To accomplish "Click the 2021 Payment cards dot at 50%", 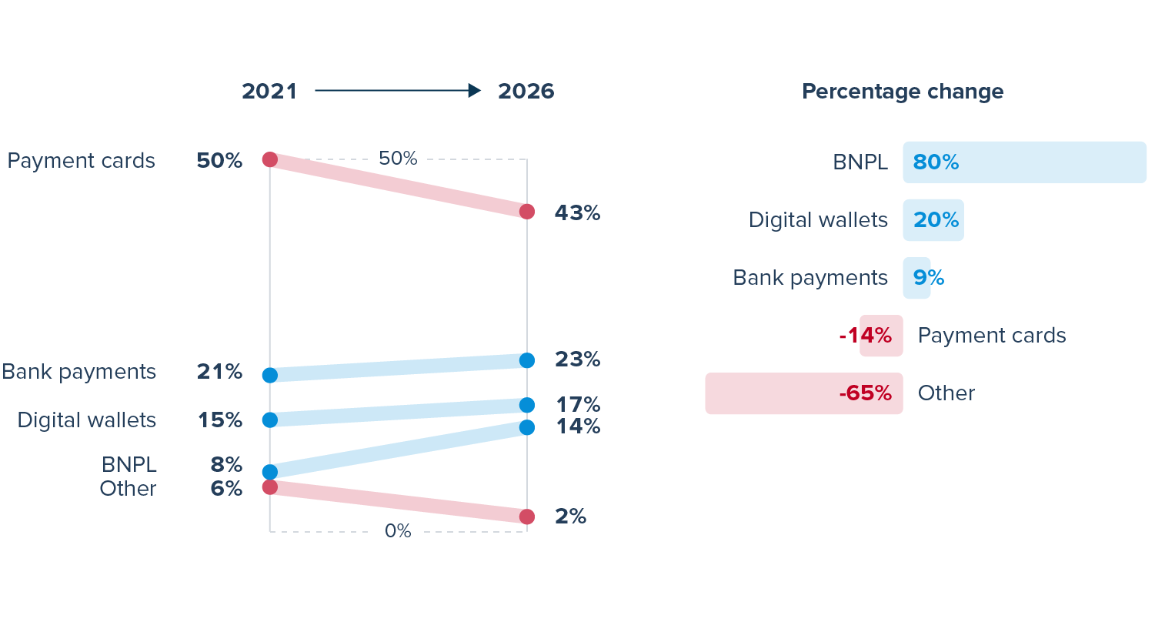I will tap(270, 159).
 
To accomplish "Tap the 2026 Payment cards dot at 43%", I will tap(527, 212).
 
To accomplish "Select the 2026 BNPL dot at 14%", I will tap(527, 427).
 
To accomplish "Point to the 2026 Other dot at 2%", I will tap(527, 517).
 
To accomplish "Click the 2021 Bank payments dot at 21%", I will tap(270, 375).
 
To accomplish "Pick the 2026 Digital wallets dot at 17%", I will tap(527, 405).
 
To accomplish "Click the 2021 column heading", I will tap(269, 92).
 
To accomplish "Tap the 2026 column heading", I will tap(526, 92).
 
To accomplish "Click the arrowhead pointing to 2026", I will tap(475, 91).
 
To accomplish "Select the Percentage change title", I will tap(903, 92).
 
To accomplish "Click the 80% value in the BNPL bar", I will tap(936, 162).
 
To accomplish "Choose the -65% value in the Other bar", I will tap(866, 393).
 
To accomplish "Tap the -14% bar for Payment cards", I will tap(881, 336).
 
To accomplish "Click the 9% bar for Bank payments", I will tap(916, 278).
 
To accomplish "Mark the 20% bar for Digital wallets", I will tap(933, 220).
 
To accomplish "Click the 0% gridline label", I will tap(398, 531).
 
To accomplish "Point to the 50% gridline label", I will tap(398, 159).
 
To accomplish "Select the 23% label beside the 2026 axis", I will tap(578, 359).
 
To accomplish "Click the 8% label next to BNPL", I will tap(226, 465).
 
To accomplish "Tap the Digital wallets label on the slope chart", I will tap(87, 420).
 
